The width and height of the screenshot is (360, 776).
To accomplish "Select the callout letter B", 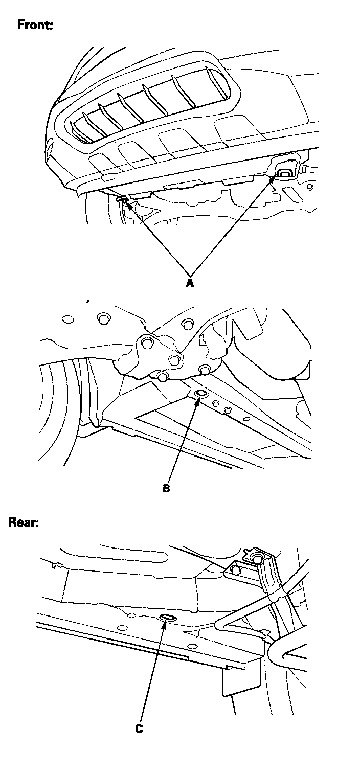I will click(x=166, y=488).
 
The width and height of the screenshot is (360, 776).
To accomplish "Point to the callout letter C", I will click(x=139, y=729).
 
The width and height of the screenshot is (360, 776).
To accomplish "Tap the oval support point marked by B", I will click(x=200, y=393).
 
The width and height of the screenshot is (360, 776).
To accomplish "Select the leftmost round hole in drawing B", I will click(x=68, y=319).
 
